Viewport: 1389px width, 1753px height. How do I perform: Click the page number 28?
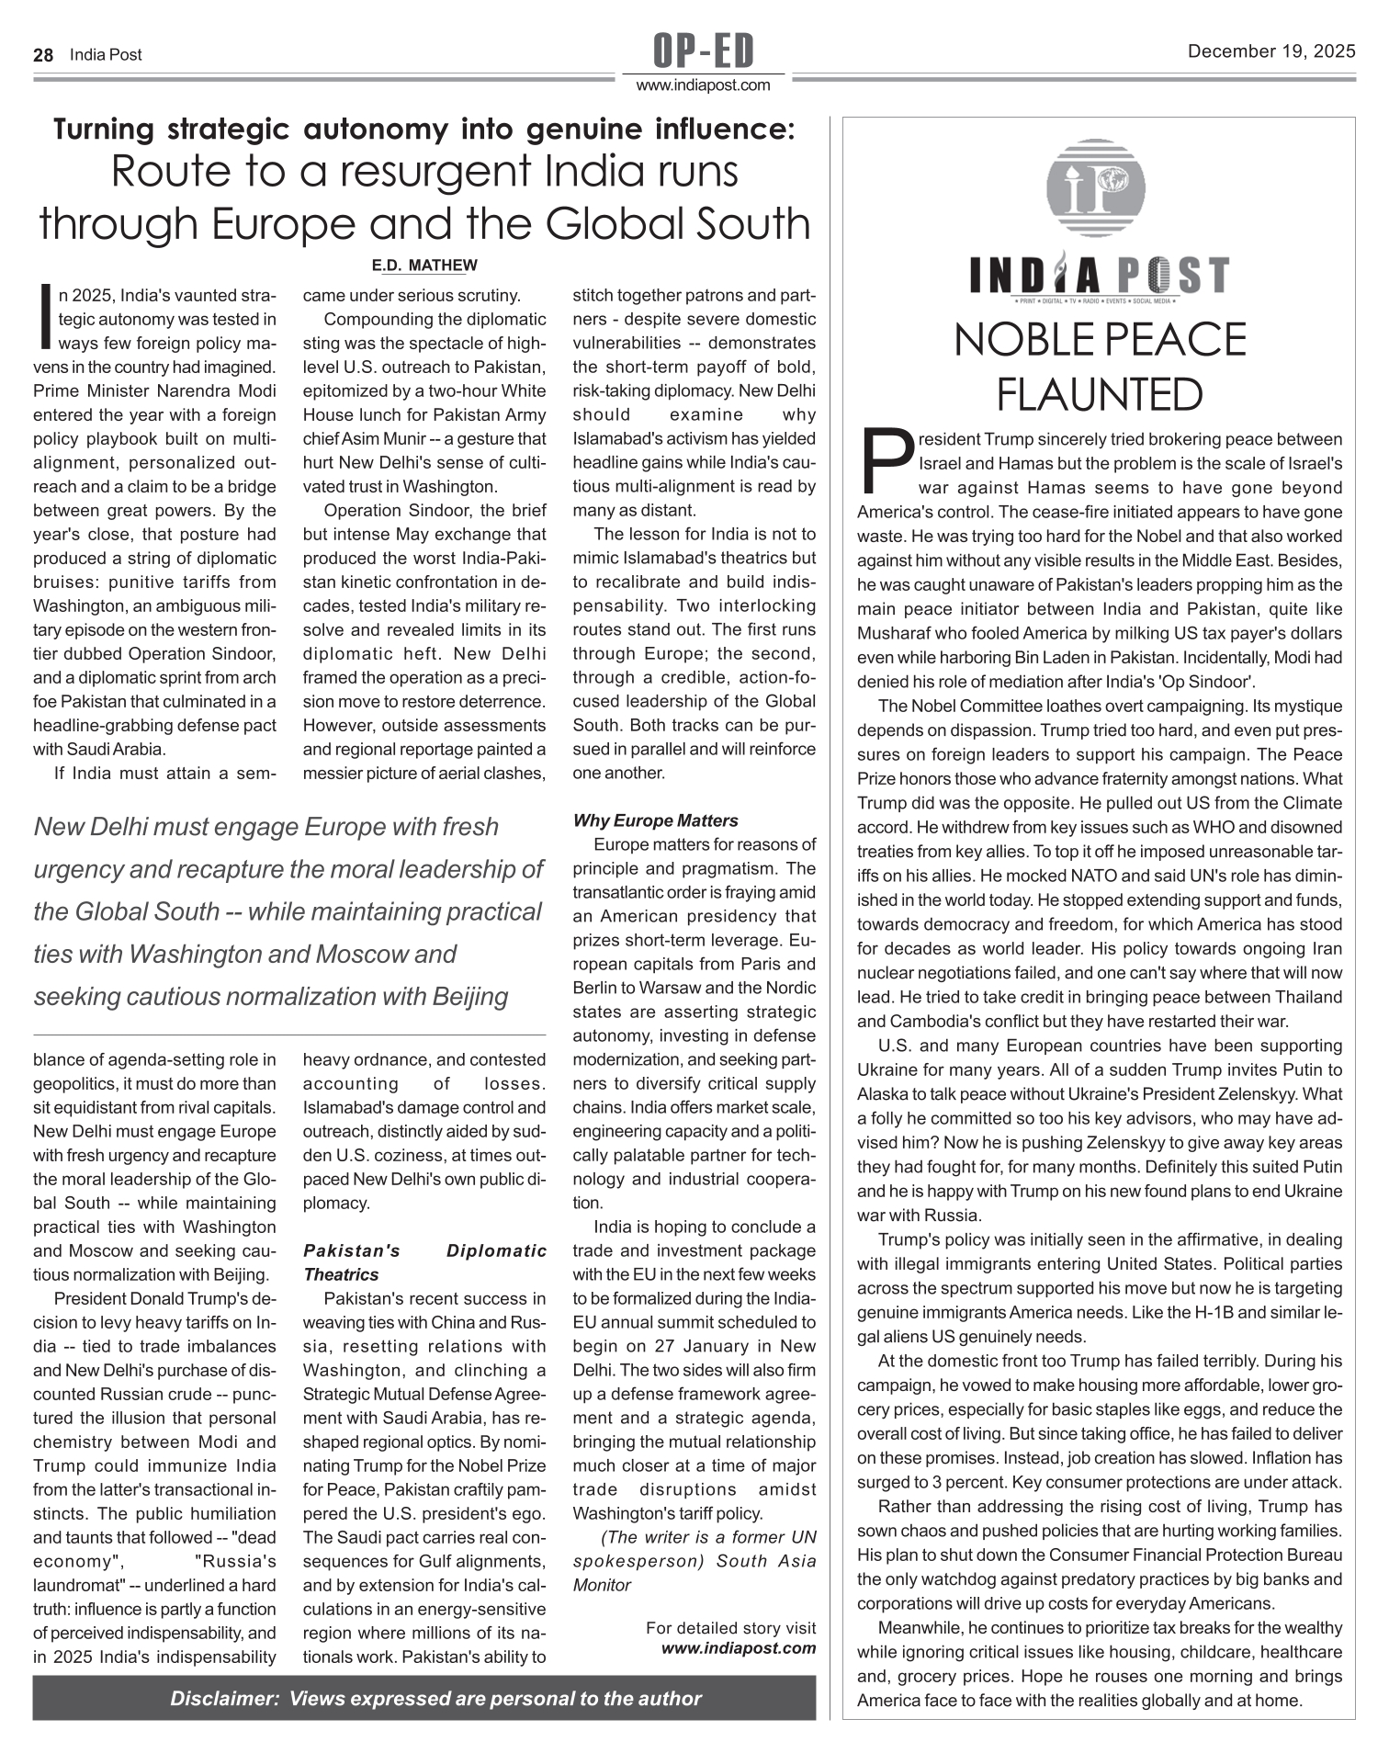click(43, 55)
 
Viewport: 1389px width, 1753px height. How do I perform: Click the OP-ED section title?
click(704, 51)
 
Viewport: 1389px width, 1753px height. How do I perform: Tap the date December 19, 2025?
click(1271, 52)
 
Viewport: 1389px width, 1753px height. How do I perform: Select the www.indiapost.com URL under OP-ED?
click(704, 85)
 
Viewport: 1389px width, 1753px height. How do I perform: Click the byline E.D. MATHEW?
click(424, 266)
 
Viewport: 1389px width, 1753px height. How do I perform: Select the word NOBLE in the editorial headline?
click(1027, 341)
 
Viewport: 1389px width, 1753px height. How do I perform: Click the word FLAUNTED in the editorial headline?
click(1099, 396)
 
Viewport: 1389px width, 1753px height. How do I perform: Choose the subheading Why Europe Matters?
click(655, 820)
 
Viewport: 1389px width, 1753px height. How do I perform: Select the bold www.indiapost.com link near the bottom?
click(739, 1647)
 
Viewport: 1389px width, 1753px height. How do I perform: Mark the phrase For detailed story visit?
click(730, 1628)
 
